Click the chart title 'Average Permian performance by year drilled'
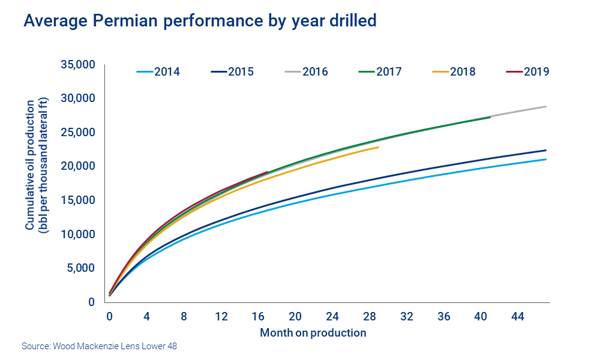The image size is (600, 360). tap(199, 21)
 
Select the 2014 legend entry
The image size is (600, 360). tap(158, 72)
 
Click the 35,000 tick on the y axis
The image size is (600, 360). tap(79, 64)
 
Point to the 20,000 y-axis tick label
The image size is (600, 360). tap(79, 166)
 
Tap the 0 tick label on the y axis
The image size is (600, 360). tap(92, 302)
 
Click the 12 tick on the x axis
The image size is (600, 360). tap(221, 316)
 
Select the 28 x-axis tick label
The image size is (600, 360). tap(370, 316)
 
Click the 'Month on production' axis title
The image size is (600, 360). tap(313, 332)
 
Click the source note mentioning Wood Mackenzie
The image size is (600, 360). tap(100, 346)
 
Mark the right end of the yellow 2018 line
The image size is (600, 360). tap(379, 147)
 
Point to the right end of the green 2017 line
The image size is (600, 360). tap(490, 117)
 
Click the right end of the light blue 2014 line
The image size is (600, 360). tap(545, 159)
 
